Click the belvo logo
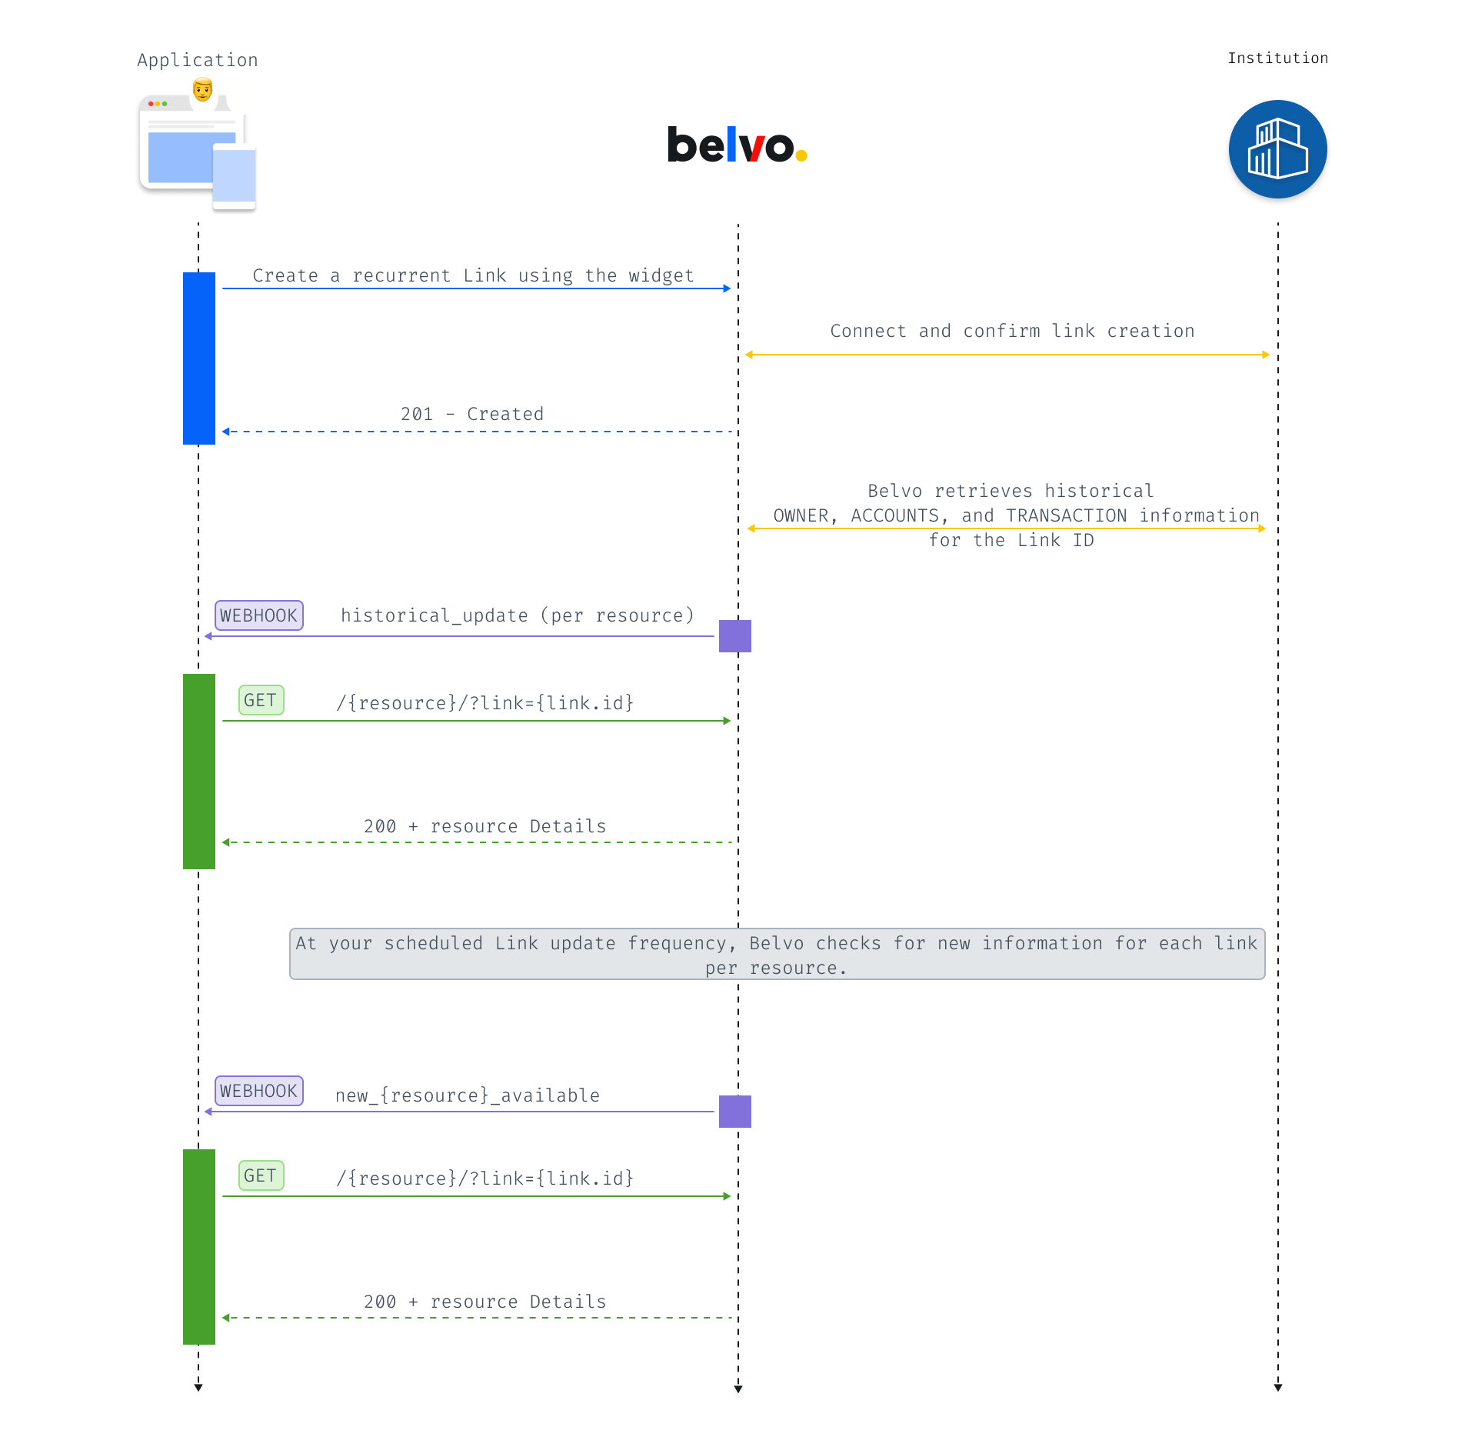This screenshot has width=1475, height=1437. [737, 145]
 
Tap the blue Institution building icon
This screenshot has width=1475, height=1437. [1277, 149]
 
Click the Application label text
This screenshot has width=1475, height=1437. [198, 60]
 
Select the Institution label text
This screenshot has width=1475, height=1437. [1277, 58]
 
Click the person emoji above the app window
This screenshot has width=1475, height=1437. [202, 90]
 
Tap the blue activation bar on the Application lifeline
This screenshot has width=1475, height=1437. [199, 358]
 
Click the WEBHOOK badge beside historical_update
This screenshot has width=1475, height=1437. [259, 615]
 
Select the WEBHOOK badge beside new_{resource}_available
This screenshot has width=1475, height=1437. [259, 1091]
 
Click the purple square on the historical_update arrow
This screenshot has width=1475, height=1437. [735, 636]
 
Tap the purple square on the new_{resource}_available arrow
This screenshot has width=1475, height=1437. [735, 1112]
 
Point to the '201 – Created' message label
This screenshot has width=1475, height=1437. [472, 414]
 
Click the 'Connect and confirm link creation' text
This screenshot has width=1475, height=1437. [1012, 331]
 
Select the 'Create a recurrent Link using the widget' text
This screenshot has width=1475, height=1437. [473, 275]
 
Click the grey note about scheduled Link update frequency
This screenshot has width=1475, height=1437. [777, 954]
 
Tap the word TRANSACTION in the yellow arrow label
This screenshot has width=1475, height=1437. [1067, 515]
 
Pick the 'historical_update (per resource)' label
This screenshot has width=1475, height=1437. [518, 615]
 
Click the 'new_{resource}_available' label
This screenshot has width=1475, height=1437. [468, 1095]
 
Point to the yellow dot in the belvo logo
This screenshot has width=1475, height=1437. [801, 155]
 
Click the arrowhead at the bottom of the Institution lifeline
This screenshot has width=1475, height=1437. [1278, 1387]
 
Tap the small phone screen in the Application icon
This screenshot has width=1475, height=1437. [234, 176]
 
